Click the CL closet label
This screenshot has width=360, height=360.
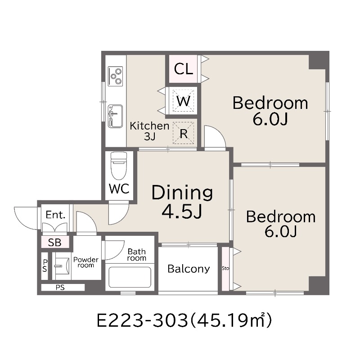tap(183, 69)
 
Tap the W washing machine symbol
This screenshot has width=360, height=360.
tap(184, 101)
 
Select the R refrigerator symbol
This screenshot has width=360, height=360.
tap(184, 133)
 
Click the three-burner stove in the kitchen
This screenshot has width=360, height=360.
tap(115, 76)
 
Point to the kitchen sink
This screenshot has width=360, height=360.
tap(115, 116)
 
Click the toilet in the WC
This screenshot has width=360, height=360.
tap(119, 166)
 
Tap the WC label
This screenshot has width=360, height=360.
tap(119, 189)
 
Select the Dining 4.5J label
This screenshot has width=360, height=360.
tap(182, 202)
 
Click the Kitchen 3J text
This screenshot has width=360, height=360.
tap(149, 131)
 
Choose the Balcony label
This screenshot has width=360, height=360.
tap(189, 269)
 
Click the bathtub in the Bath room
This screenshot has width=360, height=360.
tap(130, 277)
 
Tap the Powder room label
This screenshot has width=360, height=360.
tap(85, 262)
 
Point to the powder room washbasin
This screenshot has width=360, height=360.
tap(62, 266)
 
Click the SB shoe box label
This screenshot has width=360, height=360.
tap(54, 243)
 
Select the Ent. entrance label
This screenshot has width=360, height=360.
tap(55, 215)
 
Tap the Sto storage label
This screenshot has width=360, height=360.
tap(225, 268)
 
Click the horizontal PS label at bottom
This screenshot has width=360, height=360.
tap(60, 288)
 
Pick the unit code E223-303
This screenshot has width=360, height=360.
tap(142, 320)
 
